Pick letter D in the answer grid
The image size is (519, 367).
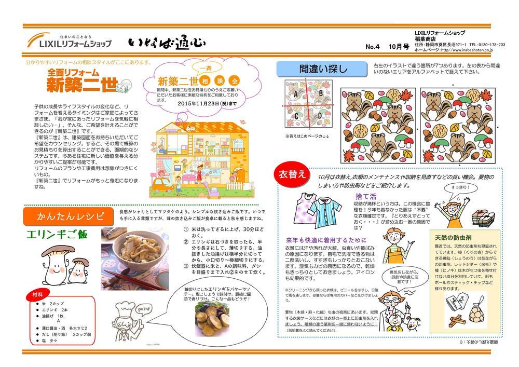pyautogui.click(x=320, y=115)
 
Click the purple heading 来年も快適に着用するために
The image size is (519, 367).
pyautogui.click(x=326, y=240)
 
